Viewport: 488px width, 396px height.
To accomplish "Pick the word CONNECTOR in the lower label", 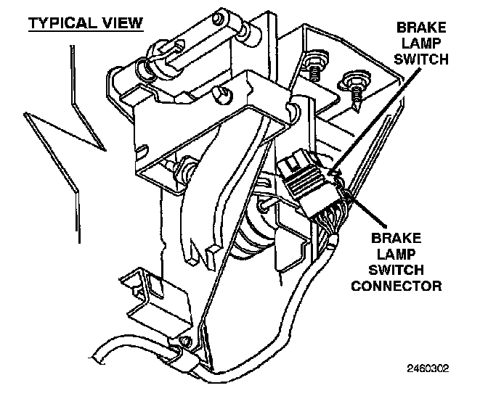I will tap(396, 285).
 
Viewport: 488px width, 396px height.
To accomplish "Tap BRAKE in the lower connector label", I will tap(396, 238).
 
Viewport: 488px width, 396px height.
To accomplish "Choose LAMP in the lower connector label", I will tap(396, 253).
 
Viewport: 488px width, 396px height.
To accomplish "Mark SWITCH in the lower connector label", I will tap(396, 269).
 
